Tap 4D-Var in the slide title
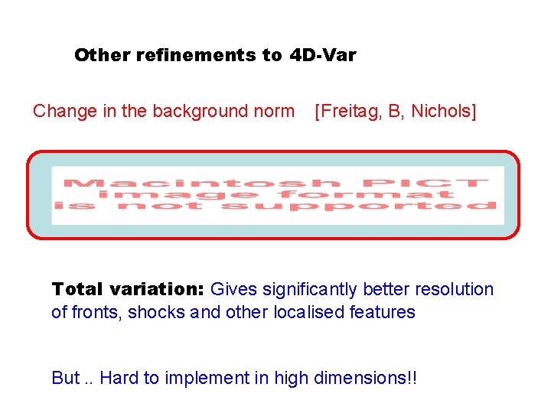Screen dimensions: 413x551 pos(323,55)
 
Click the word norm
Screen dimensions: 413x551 pos(274,112)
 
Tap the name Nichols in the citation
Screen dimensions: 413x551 pos(443,112)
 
